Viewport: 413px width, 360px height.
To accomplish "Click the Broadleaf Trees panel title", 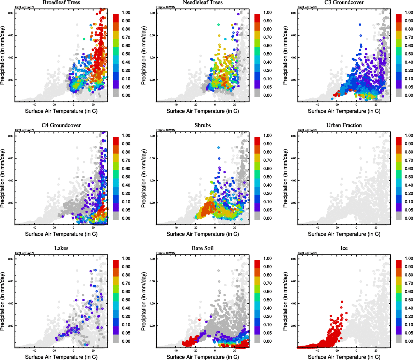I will click(x=61, y=2).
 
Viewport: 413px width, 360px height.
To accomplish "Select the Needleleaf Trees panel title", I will click(x=203, y=2).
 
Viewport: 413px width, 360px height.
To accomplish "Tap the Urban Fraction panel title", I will click(x=344, y=125).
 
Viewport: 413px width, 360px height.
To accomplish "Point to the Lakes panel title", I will click(x=61, y=248).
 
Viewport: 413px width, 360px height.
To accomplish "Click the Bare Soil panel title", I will click(x=203, y=248).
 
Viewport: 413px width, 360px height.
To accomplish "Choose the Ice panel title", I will click(x=344, y=248).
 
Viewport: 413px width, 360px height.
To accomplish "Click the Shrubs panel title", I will click(x=203, y=125).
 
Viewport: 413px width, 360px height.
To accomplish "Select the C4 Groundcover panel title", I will click(x=61, y=125).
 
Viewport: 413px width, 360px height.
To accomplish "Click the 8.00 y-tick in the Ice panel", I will click(x=293, y=259).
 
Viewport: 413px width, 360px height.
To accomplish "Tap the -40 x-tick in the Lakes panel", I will click(x=34, y=351).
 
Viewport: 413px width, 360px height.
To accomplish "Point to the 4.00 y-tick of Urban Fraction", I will click(x=293, y=181).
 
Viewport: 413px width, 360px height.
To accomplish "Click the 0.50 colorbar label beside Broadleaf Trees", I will click(x=126, y=54).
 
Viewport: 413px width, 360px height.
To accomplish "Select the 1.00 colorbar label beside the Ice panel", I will click(x=409, y=258).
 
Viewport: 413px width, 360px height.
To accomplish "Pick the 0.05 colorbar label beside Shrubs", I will click(x=267, y=210).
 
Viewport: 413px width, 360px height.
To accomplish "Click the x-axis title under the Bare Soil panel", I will click(x=203, y=357).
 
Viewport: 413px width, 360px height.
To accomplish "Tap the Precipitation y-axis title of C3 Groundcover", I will click(x=285, y=55).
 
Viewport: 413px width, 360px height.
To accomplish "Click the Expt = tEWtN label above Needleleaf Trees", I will click(x=166, y=7).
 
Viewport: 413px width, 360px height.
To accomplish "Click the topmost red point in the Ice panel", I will click(x=342, y=302).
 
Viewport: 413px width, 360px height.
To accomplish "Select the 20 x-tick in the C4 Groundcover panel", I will click(x=93, y=228).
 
